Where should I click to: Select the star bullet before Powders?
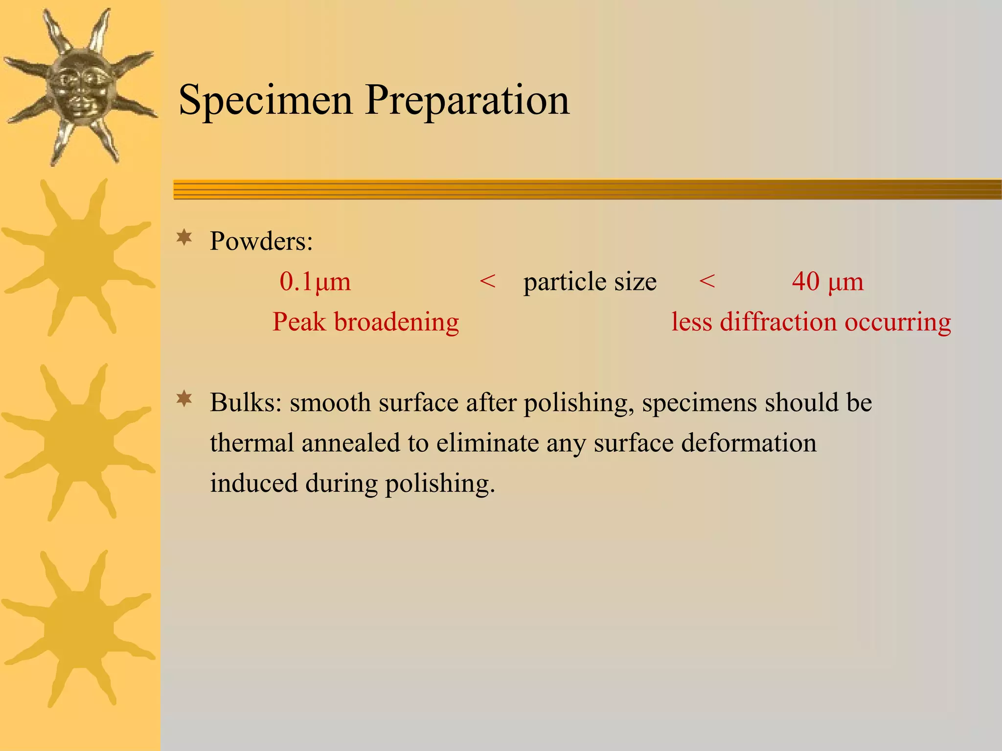pos(184,238)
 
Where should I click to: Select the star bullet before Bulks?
pos(184,399)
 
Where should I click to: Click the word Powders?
pos(261,241)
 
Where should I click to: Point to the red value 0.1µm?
pos(315,282)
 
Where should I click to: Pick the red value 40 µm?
pos(828,282)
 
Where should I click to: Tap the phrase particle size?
pos(590,282)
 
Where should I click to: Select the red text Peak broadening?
pos(365,322)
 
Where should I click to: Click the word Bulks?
pos(246,403)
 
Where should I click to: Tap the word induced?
pos(253,483)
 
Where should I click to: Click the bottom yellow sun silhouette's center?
pos(78,628)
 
